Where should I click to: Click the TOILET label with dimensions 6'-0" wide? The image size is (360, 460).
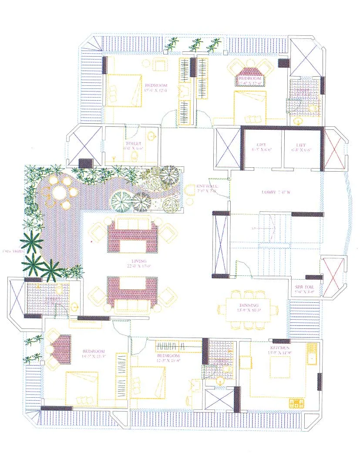pos(133,145)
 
